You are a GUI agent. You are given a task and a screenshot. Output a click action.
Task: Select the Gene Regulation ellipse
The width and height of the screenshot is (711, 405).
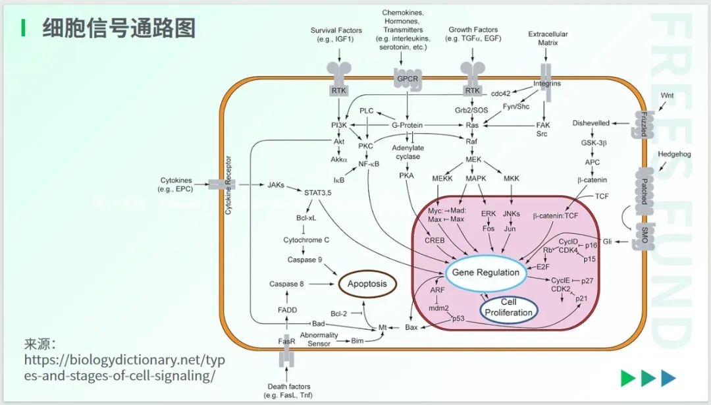click(485, 273)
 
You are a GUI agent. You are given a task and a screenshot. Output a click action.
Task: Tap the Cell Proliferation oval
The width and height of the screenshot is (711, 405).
click(508, 308)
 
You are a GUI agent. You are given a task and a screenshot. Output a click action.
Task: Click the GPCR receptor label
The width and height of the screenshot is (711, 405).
click(408, 80)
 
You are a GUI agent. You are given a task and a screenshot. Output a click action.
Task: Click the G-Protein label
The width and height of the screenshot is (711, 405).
click(407, 125)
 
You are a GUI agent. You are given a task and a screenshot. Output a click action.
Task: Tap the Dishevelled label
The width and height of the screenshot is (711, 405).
click(591, 122)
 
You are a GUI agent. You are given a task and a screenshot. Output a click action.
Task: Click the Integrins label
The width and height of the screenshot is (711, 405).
click(547, 84)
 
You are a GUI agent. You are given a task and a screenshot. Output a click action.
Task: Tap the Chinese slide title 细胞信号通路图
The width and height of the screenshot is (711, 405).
click(118, 28)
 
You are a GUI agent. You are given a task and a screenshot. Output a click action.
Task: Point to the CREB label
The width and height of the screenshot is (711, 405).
click(434, 241)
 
